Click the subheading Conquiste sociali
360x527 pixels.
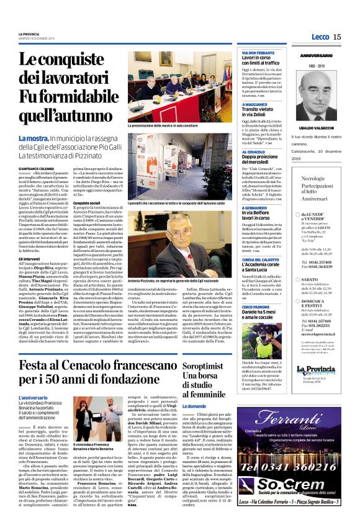coord(88,202)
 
